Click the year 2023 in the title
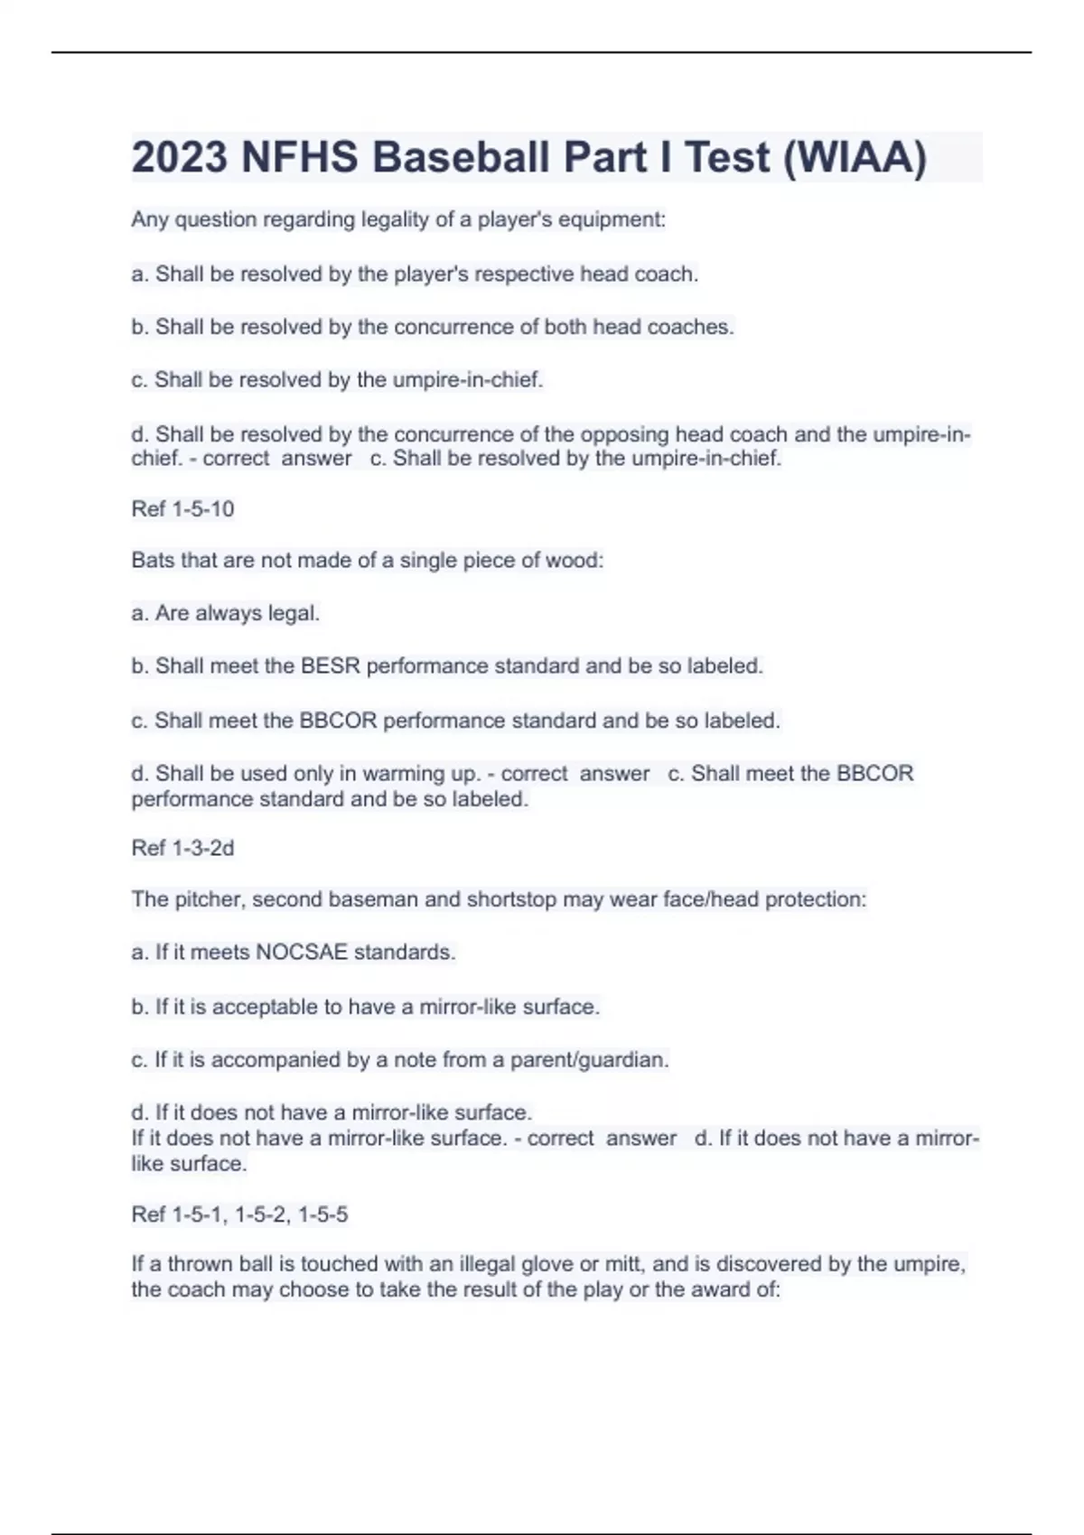click(x=179, y=157)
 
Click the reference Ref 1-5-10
click(x=182, y=509)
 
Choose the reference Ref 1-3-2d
click(x=182, y=848)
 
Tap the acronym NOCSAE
click(x=302, y=953)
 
